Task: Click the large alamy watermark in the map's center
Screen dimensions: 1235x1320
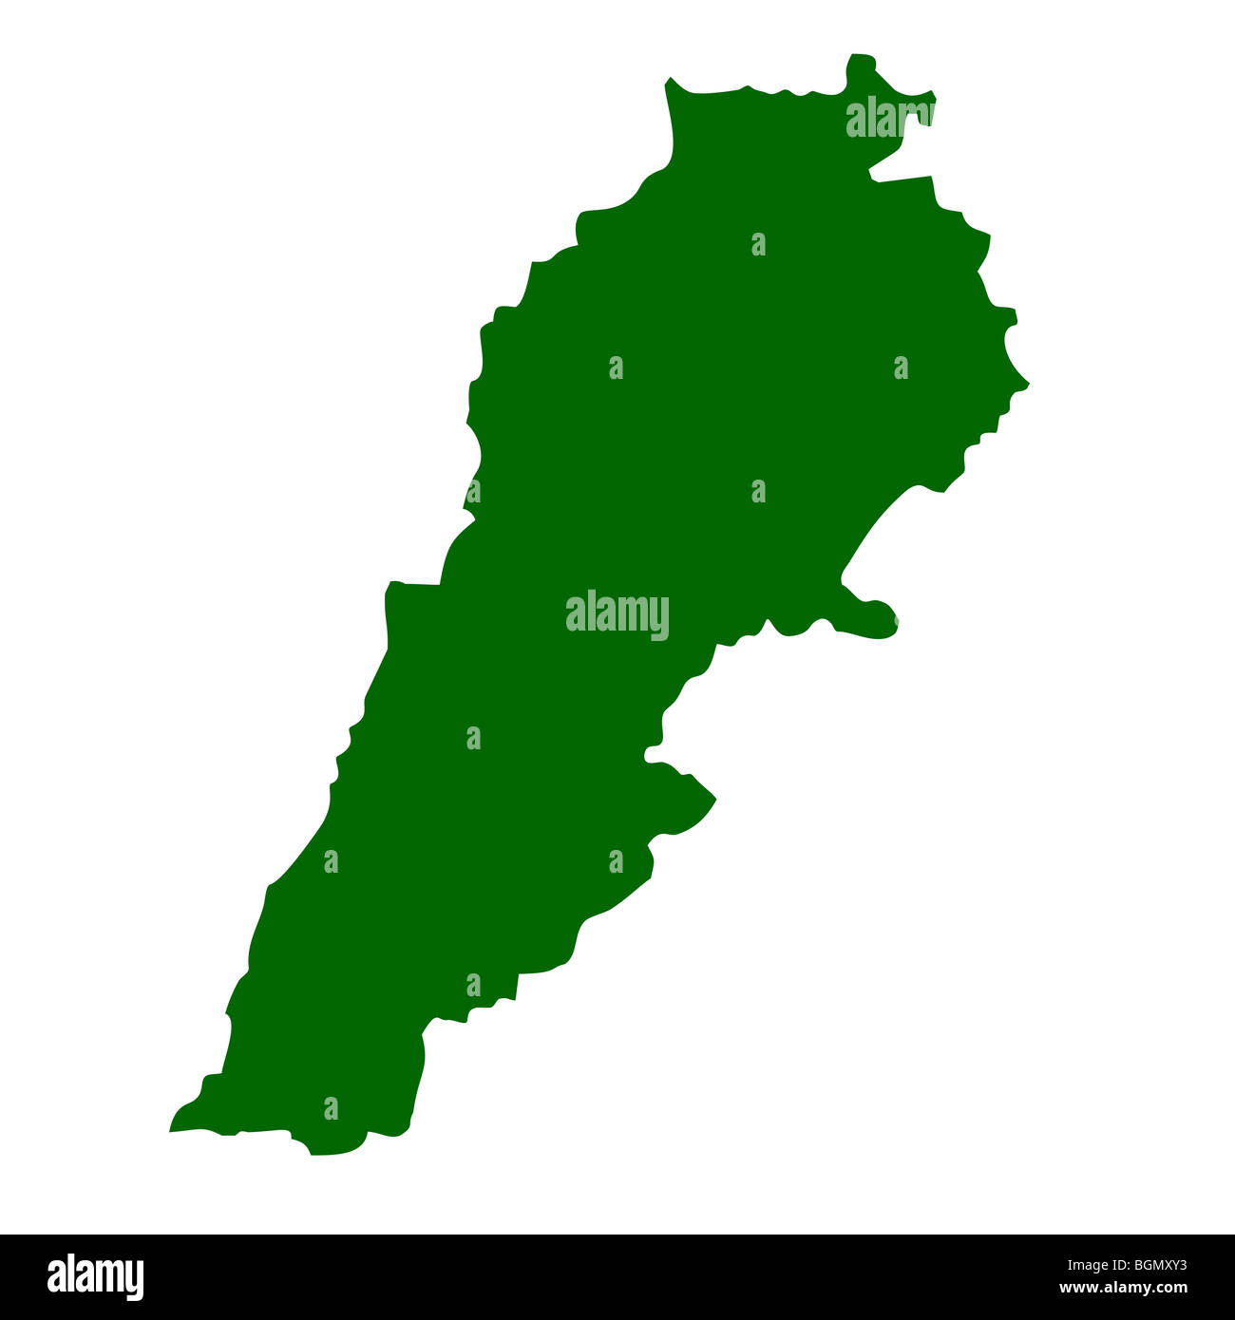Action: pos(617,614)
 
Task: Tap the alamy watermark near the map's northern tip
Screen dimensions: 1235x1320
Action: pos(888,118)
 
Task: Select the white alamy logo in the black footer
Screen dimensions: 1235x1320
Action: pos(95,1277)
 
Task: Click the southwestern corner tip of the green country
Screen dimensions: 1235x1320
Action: pos(173,1129)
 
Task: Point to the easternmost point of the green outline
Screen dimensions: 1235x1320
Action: pos(1027,385)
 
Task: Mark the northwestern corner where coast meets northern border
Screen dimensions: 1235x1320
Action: pos(671,82)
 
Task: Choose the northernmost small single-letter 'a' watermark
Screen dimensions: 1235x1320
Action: pos(758,244)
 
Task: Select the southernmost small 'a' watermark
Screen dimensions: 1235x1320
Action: pos(331,1108)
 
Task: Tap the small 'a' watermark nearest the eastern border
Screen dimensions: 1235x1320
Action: pos(901,368)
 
